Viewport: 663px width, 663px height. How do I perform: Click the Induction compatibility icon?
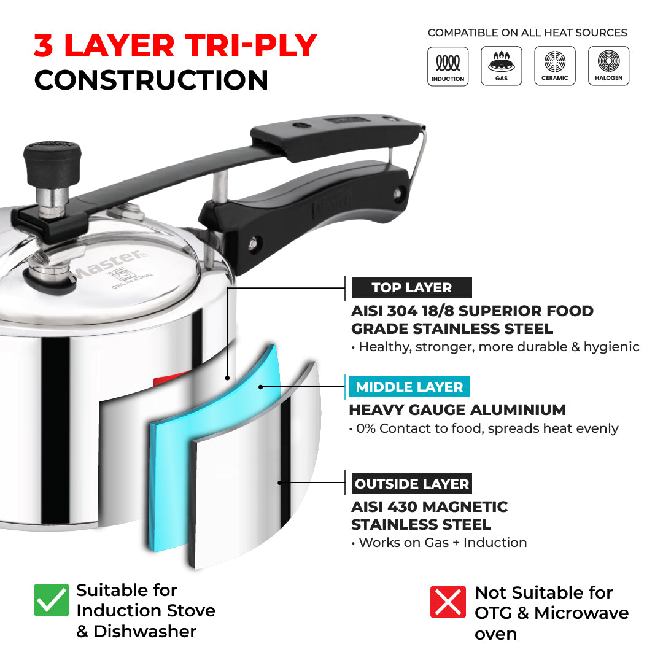448,66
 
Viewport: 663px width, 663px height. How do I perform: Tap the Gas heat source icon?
501,66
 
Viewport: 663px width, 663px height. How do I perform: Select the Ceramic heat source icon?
554,66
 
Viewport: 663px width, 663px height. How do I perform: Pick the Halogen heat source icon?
608,66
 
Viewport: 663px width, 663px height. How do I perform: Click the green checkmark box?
52,600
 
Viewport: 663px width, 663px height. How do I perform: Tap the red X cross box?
448,601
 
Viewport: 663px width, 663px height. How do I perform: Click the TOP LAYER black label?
411,287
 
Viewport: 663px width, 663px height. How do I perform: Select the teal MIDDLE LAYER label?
409,387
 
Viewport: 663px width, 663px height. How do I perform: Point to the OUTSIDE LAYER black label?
411,484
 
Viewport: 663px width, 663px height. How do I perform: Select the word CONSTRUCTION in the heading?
151,80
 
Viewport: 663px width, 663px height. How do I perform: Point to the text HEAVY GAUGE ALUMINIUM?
457,409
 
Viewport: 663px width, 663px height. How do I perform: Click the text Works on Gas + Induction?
442,543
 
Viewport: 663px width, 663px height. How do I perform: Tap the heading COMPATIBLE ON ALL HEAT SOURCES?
527,33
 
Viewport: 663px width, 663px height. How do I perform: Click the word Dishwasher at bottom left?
145,631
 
